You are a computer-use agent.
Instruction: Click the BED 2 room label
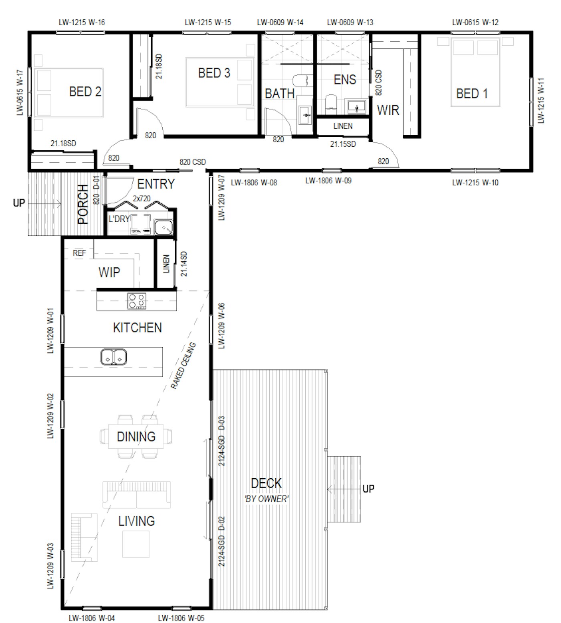[85, 92]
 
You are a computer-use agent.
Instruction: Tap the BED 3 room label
[214, 73]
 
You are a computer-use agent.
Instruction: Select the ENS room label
[345, 79]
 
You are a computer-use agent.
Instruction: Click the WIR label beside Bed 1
[388, 110]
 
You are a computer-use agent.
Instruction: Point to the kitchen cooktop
[137, 301]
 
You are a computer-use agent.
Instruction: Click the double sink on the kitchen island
[114, 357]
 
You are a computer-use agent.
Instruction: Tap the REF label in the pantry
[79, 253]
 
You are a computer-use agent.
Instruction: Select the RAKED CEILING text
[183, 366]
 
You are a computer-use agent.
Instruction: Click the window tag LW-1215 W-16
[82, 22]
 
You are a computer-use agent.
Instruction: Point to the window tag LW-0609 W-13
[350, 22]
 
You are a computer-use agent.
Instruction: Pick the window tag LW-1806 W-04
[92, 618]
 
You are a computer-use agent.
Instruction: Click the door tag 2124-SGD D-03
[222, 441]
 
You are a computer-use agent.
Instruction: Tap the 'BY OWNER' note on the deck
[266, 499]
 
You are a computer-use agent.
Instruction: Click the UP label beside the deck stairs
[368, 489]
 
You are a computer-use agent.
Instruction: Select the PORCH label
[83, 204]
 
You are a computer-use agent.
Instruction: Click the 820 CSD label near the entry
[192, 162]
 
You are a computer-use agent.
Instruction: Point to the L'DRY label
[119, 219]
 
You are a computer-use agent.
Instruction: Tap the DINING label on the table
[136, 437]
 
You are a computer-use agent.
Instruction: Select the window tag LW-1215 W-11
[541, 101]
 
